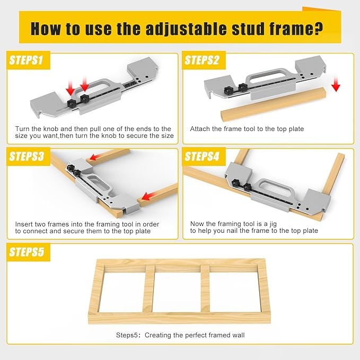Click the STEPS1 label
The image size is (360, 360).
(x=26, y=60)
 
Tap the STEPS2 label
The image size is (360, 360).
(x=201, y=60)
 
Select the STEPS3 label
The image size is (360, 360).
(x=26, y=156)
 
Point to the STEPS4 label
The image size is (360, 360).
(x=201, y=156)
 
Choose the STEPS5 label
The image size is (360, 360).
(x=26, y=252)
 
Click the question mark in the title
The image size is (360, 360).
(x=319, y=29)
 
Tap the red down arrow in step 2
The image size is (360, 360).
(x=336, y=84)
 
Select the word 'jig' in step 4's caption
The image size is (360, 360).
(x=273, y=224)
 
